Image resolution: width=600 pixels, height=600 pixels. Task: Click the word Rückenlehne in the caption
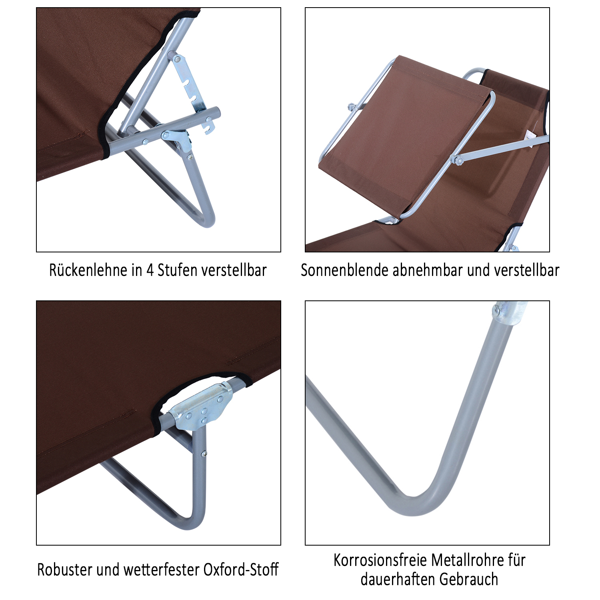[x=88, y=270]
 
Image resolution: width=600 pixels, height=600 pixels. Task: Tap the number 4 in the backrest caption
[x=150, y=270]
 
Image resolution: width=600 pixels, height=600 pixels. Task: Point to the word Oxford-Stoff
[x=241, y=570]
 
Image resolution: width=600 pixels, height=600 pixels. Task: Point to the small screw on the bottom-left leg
[x=204, y=453]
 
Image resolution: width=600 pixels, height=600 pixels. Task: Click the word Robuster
[x=64, y=570]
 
